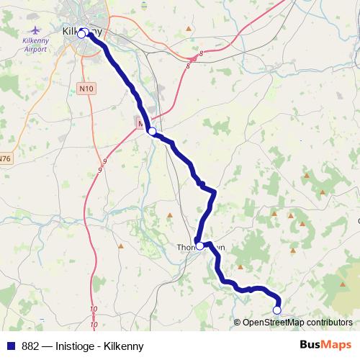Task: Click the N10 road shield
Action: click(x=86, y=88)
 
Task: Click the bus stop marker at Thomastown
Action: click(x=199, y=246)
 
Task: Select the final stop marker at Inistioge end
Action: click(x=276, y=310)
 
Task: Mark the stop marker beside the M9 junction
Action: click(x=152, y=130)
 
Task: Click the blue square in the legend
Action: click(x=12, y=346)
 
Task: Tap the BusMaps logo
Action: click(x=325, y=346)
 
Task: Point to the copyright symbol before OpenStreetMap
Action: click(x=238, y=323)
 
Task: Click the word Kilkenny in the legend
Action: click(x=124, y=346)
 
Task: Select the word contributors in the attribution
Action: click(x=329, y=323)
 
